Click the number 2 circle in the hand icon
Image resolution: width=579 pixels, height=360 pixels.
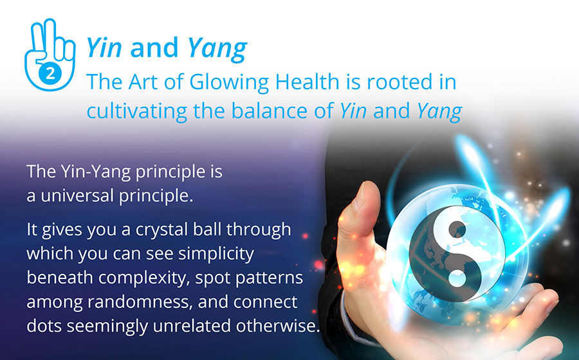click(50, 73)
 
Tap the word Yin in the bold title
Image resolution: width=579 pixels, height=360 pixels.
click(104, 48)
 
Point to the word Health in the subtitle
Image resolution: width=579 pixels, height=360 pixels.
click(308, 82)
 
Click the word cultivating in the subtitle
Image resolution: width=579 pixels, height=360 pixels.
click(136, 111)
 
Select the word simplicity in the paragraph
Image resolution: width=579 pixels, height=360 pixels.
click(216, 254)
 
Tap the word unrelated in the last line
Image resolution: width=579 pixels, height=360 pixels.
click(192, 326)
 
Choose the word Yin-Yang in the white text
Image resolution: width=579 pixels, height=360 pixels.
click(96, 172)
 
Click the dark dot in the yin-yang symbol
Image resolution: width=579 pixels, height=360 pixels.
click(457, 230)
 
